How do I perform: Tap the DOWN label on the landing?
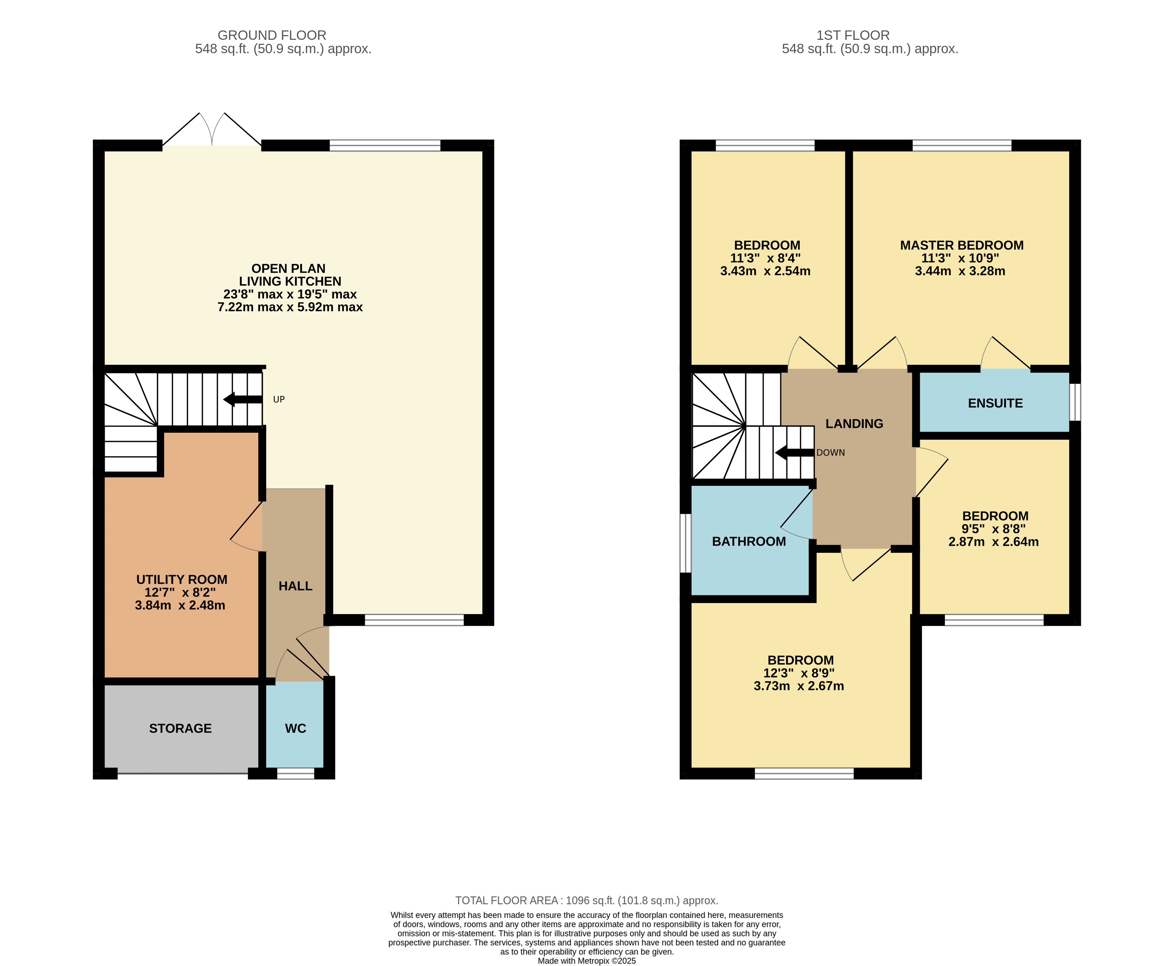(x=831, y=453)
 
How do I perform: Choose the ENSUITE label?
(x=995, y=404)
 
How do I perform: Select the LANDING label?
(x=855, y=424)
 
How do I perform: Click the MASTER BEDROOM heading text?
(x=962, y=245)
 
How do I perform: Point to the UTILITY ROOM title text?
(x=182, y=580)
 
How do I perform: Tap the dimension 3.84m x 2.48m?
(x=180, y=605)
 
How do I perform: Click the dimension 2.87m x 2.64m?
(x=994, y=542)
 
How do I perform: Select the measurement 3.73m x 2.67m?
(x=799, y=686)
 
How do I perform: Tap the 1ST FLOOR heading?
(x=853, y=35)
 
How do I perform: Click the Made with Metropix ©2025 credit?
(x=587, y=961)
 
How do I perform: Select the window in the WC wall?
(x=296, y=774)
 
